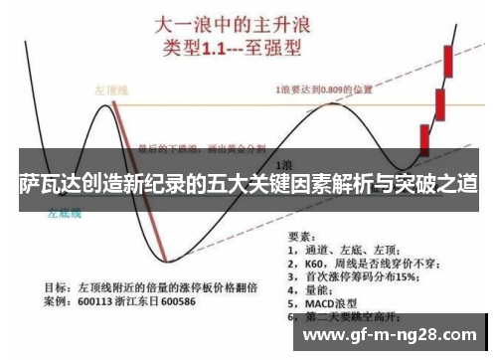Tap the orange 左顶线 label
110,88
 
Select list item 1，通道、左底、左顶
354,251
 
